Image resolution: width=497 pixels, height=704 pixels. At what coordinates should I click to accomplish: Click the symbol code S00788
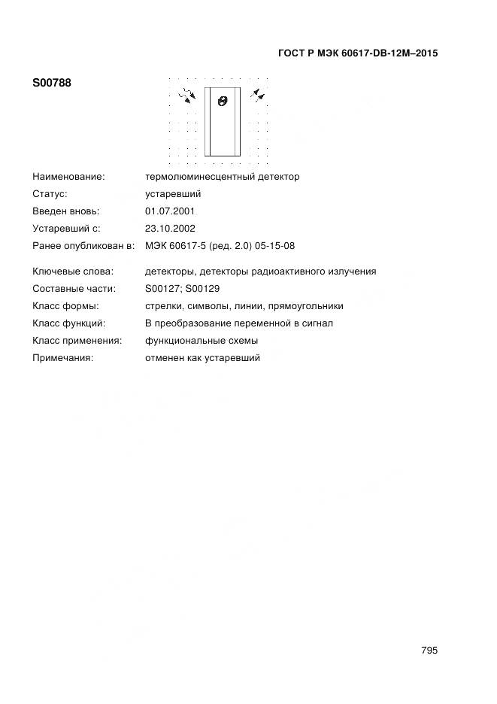point(52,83)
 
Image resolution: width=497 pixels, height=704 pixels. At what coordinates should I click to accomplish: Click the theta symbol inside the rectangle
point(222,101)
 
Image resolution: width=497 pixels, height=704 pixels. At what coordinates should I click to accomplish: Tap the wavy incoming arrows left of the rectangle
point(186,95)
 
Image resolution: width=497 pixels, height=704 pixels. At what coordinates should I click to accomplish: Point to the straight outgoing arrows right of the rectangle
point(258,94)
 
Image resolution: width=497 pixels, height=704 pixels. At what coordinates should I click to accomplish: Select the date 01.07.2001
point(170,211)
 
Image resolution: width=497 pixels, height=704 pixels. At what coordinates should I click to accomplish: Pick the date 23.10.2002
point(170,229)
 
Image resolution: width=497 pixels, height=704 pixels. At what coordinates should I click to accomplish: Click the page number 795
point(429,651)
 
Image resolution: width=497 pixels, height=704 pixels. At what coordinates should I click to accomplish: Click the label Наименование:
point(68,177)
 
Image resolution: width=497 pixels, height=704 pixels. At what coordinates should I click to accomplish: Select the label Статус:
point(50,194)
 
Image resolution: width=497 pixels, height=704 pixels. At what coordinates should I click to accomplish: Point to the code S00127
point(162,289)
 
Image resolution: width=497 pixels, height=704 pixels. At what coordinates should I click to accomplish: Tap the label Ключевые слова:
point(73,272)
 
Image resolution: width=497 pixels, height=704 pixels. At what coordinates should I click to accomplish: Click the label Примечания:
point(62,358)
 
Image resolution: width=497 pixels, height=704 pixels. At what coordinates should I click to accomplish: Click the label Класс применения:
point(77,341)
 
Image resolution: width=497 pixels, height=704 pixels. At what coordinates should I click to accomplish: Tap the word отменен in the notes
point(162,358)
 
